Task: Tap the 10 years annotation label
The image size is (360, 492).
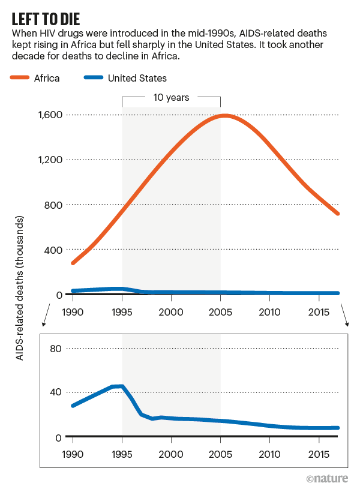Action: (x=171, y=97)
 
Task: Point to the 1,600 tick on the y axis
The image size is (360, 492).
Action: (x=52, y=115)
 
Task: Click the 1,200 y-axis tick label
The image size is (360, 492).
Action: (x=52, y=160)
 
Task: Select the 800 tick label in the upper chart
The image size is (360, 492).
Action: (x=55, y=205)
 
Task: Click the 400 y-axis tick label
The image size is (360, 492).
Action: (x=55, y=250)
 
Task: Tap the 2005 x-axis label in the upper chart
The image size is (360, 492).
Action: (x=220, y=313)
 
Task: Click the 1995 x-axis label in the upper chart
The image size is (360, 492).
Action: (x=122, y=313)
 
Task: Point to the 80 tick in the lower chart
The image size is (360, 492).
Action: (x=55, y=348)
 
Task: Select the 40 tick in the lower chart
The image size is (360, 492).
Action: (x=55, y=392)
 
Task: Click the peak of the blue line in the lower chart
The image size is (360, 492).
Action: (x=122, y=386)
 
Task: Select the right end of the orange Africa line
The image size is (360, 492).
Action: (x=338, y=214)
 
